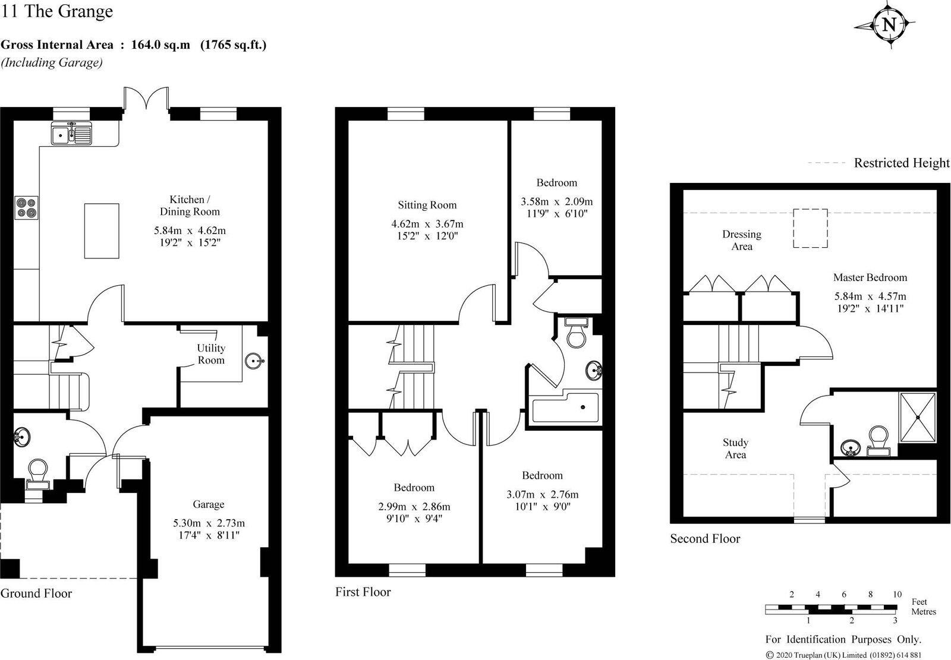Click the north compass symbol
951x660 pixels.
pyautogui.click(x=888, y=25)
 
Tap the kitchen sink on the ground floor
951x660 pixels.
pyautogui.click(x=71, y=134)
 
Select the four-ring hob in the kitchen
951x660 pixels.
pyautogui.click(x=26, y=208)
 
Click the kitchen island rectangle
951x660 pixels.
pyautogui.click(x=101, y=230)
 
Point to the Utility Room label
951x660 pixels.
pyautogui.click(x=211, y=354)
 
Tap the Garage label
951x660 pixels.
pyautogui.click(x=208, y=504)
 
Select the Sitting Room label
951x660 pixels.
pyautogui.click(x=427, y=205)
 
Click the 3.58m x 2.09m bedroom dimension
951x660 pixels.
pyautogui.click(x=556, y=201)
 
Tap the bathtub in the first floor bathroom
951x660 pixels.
pyautogui.click(x=565, y=407)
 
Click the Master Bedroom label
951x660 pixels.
pyautogui.click(x=870, y=277)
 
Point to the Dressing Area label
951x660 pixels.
pyautogui.click(x=741, y=240)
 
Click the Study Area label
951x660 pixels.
pyautogui.click(x=735, y=449)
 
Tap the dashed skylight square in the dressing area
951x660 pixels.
pyautogui.click(x=810, y=228)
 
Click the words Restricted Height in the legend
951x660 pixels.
pyautogui.click(x=901, y=163)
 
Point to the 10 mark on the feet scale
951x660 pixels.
pyautogui.click(x=897, y=595)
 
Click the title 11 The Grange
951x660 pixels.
pyautogui.click(x=57, y=11)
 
